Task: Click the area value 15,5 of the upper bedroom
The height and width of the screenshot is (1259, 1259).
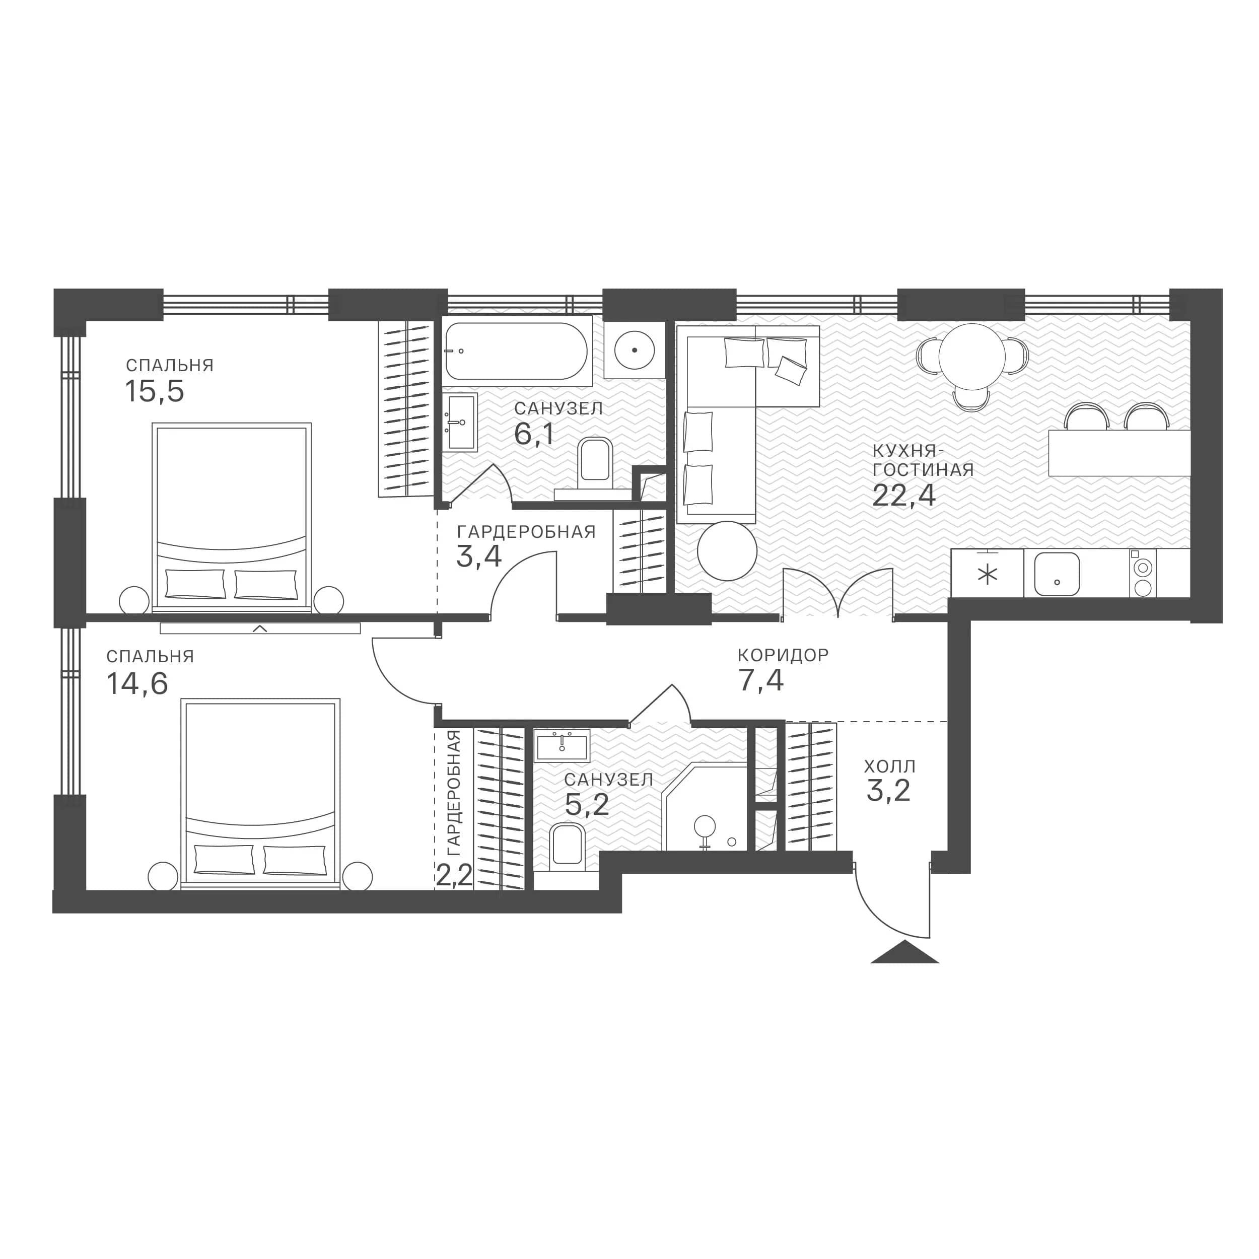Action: point(155,392)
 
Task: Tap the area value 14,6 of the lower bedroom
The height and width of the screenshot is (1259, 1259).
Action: point(137,683)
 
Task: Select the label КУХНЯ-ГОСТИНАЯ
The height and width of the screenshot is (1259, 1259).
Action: point(923,460)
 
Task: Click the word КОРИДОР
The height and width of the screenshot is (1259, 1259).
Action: point(783,655)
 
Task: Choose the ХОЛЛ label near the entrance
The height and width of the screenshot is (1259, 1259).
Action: point(889,766)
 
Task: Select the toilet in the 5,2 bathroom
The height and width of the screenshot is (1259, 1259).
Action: point(567,847)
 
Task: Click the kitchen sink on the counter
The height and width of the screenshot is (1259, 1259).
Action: point(1057,574)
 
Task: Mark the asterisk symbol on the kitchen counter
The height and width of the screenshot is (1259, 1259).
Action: point(988,575)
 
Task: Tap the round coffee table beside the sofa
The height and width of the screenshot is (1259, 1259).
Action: point(727,550)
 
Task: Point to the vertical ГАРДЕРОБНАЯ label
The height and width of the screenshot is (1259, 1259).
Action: point(454,793)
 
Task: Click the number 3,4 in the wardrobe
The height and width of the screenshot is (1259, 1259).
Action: point(478,556)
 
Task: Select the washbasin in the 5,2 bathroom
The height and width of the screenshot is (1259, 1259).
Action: point(562,745)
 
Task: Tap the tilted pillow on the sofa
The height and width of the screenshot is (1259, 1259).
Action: point(791,370)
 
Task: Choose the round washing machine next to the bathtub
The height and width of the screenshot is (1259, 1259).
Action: point(634,350)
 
